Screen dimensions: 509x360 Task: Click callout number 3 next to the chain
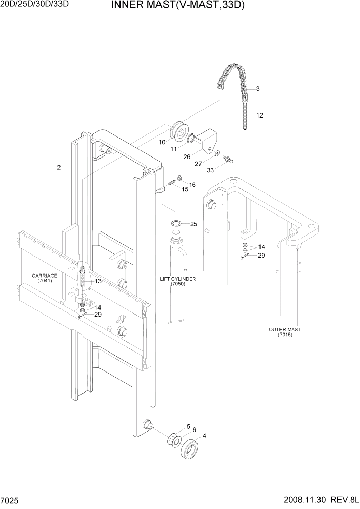click(x=257, y=89)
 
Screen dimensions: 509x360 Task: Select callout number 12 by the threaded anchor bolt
click(x=259, y=115)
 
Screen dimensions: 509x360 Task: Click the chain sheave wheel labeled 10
click(x=181, y=131)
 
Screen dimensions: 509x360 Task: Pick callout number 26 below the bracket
click(x=187, y=157)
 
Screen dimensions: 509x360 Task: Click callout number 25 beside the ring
click(x=193, y=224)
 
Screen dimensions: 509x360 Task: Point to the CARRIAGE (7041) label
click(x=45, y=278)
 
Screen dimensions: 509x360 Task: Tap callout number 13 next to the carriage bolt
click(x=98, y=281)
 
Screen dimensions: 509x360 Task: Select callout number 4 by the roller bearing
click(x=205, y=436)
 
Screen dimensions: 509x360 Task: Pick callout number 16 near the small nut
click(x=192, y=184)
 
